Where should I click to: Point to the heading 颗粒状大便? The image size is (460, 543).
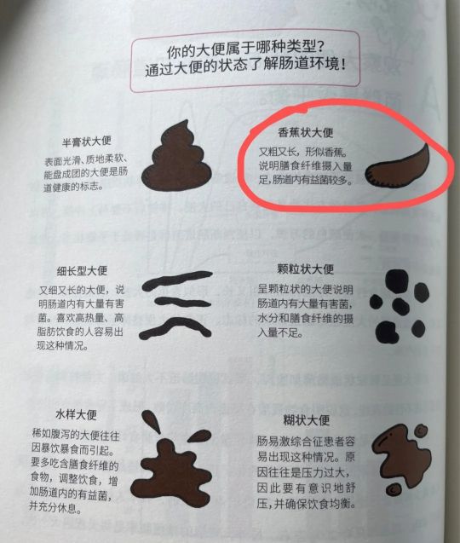coord(305,268)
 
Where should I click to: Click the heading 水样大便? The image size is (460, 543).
coord(78,414)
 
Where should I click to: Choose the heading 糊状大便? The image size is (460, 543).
coord(306,420)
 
